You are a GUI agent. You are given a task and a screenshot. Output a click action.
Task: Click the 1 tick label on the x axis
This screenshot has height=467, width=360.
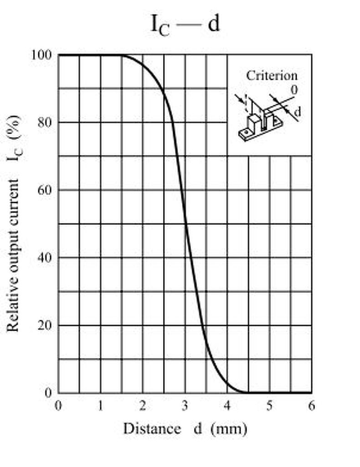click(100, 405)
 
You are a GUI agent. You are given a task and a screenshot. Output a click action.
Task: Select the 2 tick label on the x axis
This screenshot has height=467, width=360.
click(143, 405)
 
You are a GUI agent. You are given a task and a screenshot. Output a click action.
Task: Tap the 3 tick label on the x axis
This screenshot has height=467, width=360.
click(185, 405)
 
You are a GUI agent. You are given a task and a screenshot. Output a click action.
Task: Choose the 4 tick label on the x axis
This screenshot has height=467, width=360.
click(227, 405)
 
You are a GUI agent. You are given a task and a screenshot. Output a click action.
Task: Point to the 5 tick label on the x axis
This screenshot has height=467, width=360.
click(269, 405)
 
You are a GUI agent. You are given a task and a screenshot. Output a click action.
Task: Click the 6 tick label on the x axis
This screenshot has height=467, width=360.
click(312, 405)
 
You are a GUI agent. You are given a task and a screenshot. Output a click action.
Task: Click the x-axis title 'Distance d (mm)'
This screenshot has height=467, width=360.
click(185, 429)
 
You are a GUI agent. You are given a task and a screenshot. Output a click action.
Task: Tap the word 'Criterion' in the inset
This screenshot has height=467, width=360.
click(272, 75)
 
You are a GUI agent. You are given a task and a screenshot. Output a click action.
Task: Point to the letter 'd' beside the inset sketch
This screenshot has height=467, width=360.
click(297, 111)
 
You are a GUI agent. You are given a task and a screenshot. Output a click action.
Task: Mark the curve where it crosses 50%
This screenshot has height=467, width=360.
click(185, 223)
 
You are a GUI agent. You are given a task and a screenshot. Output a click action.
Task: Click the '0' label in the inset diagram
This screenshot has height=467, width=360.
click(294, 90)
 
